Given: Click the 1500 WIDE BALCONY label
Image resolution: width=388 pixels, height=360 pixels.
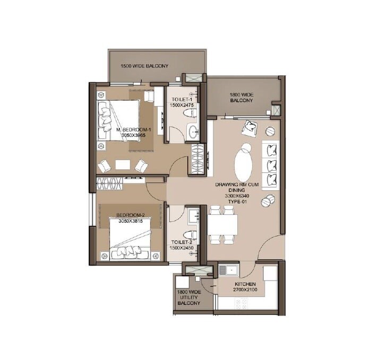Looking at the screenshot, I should (144, 66).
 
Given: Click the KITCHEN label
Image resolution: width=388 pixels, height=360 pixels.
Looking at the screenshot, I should (245, 284).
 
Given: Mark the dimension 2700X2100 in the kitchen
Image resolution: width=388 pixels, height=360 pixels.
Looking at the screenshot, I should (245, 290).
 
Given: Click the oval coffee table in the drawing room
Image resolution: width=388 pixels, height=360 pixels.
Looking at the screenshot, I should (244, 162).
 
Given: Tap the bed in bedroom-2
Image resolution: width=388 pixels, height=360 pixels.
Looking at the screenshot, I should (133, 241).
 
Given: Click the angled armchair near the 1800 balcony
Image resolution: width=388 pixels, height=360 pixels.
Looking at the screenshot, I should (249, 127).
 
